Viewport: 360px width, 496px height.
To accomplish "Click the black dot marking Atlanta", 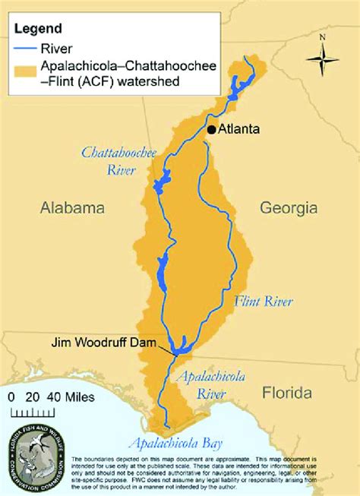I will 211,130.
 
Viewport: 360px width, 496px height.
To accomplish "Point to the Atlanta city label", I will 239,130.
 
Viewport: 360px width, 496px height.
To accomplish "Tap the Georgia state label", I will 288,207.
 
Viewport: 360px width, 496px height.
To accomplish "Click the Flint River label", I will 264,302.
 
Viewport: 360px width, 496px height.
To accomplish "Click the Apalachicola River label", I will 201,384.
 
